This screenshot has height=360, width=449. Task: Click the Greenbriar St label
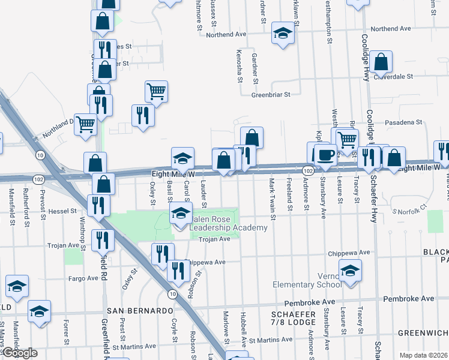[x=270, y=94]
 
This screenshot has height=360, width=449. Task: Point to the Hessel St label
[x=63, y=211]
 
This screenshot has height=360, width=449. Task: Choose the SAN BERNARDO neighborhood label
[x=139, y=310]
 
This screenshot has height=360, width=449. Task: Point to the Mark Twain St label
[x=272, y=198]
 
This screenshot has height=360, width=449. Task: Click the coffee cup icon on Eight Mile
[x=325, y=154]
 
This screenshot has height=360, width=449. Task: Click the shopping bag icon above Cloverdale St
[x=381, y=61]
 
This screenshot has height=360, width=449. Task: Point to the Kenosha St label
[x=240, y=66]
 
